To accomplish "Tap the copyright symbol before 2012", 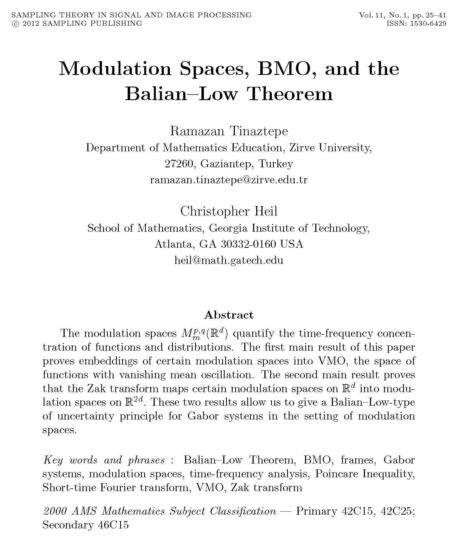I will pyautogui.click(x=14, y=24).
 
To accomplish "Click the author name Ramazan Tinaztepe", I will pyautogui.click(x=229, y=131).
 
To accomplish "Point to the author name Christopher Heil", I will pyautogui.click(x=229, y=212).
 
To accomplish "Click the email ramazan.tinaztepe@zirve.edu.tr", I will pyautogui.click(x=229, y=180).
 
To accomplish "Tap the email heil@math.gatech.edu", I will pyautogui.click(x=229, y=260).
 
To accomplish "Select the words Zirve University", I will pyautogui.click(x=330, y=148).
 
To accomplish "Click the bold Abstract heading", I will pyautogui.click(x=229, y=315).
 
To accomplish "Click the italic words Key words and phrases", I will pyautogui.click(x=104, y=460).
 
